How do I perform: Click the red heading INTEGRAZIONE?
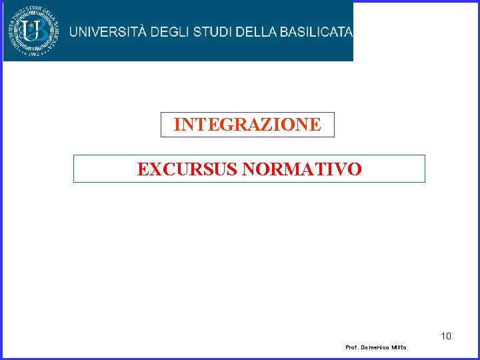pyautogui.click(x=247, y=125)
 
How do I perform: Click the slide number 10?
pyautogui.click(x=445, y=336)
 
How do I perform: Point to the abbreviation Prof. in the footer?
pyautogui.click(x=353, y=348)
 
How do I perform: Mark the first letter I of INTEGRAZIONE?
pyautogui.click(x=177, y=125)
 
